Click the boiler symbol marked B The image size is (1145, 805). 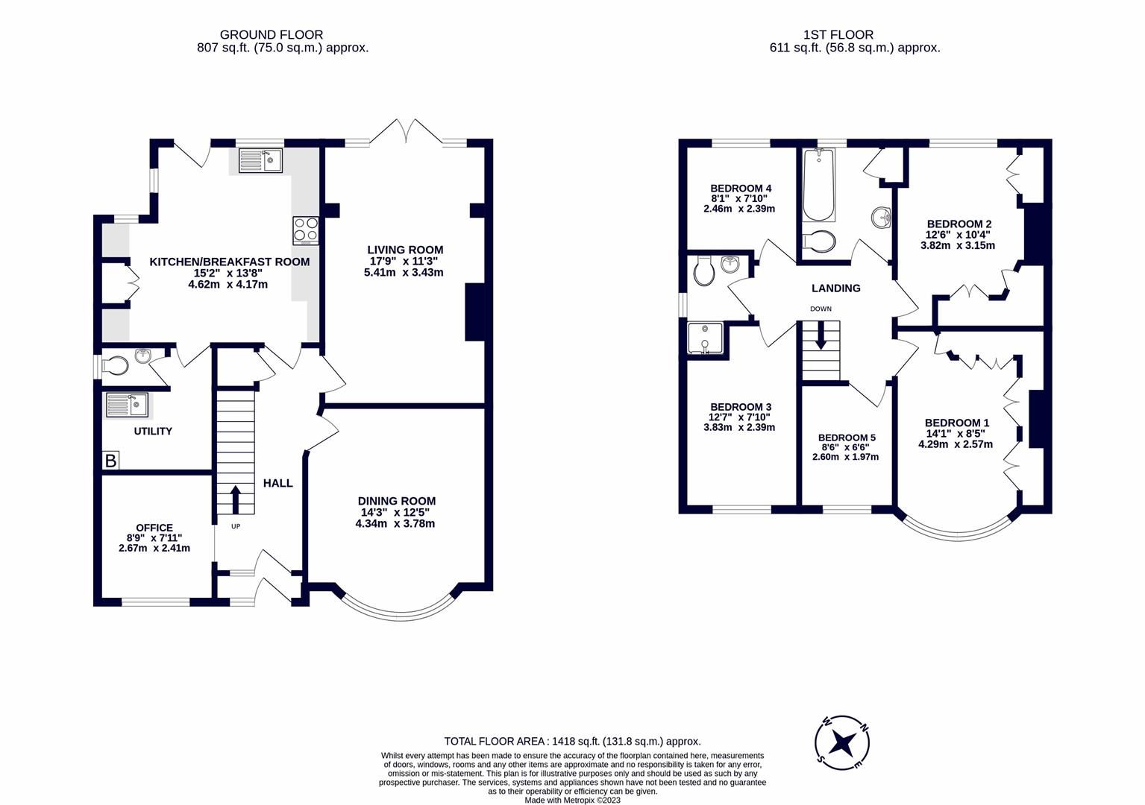point(110,461)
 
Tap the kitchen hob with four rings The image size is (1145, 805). point(307,230)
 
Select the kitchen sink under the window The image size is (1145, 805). point(260,161)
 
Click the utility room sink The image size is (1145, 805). point(128,405)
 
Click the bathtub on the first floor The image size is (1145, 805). point(819,186)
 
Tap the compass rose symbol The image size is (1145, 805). point(843,742)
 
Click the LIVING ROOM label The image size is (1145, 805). point(405,250)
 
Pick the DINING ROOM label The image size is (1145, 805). point(396,501)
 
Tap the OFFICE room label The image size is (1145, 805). point(154,527)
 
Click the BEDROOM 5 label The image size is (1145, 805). point(846,438)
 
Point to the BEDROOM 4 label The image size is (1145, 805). point(740,189)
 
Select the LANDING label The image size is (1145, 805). point(835,288)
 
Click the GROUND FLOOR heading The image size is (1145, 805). point(271,34)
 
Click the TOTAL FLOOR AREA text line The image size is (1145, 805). point(572,741)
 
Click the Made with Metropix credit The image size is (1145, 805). point(572,800)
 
